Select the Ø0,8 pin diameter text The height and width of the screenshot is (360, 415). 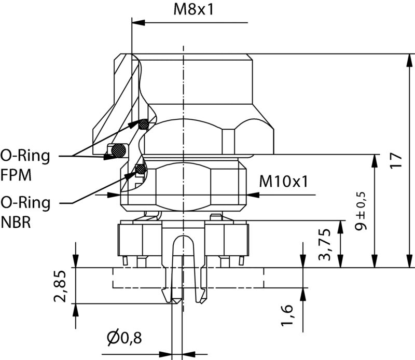pyautogui.click(x=124, y=338)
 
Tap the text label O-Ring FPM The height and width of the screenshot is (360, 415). pyautogui.click(x=25, y=165)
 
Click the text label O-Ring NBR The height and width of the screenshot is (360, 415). pyautogui.click(x=25, y=212)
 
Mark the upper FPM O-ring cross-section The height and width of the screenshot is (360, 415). pyautogui.click(x=143, y=124)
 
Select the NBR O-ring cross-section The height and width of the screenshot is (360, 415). pyautogui.click(x=140, y=168)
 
